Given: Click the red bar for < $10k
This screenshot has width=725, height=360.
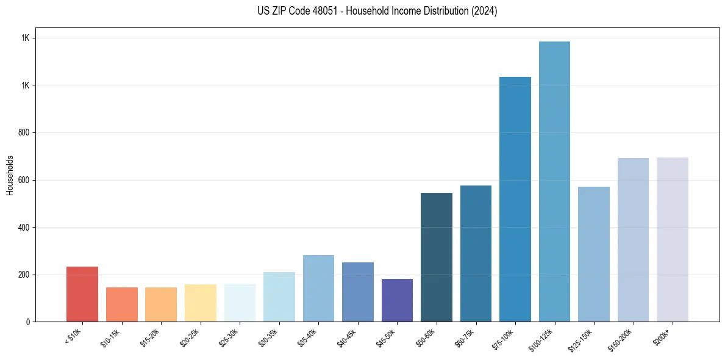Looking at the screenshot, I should click(82, 294).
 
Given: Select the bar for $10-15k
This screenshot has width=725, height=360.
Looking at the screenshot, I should click(121, 304).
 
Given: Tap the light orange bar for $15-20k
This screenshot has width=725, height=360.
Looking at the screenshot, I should click(161, 304).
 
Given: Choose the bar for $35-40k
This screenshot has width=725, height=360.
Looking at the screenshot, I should click(318, 288).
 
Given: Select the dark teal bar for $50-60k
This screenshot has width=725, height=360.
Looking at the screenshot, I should click(437, 257).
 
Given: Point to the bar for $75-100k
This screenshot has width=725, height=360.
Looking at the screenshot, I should click(515, 199).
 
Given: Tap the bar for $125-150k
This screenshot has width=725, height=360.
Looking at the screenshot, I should click(594, 254).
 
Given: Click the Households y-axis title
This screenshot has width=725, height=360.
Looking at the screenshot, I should click(10, 175).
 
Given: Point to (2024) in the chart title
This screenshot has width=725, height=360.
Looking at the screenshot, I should click(485, 11).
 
